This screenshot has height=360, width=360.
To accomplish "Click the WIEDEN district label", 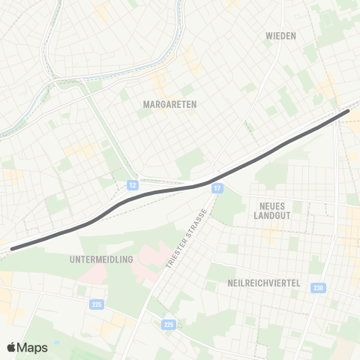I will (x=281, y=35).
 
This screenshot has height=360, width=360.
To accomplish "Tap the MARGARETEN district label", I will (x=169, y=105).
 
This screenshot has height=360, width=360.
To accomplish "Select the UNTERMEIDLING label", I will (x=100, y=259).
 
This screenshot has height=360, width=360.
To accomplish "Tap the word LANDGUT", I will (x=271, y=215).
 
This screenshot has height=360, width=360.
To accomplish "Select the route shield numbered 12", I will (x=132, y=184).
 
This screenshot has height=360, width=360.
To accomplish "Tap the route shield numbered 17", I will (x=217, y=187).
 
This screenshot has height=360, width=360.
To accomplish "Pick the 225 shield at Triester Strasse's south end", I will (x=169, y=325).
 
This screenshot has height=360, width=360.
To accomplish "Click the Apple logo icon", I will (x=12, y=347).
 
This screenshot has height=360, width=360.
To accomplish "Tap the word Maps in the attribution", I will (x=33, y=347).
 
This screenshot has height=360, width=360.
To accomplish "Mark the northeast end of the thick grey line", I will (x=347, y=111).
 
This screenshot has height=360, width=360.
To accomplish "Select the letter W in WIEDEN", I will (x=269, y=35).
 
